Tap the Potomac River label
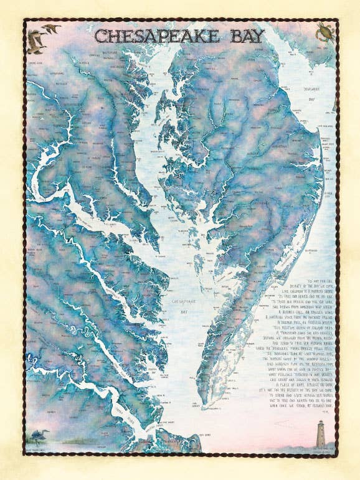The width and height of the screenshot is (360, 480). pyautogui.click(x=93, y=205)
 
